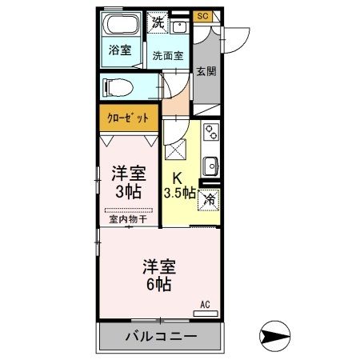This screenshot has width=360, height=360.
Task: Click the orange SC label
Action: pyautogui.click(x=202, y=16)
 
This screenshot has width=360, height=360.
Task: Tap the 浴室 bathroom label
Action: pyautogui.click(x=121, y=49)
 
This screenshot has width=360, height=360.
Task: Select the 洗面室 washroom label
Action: pyautogui.click(x=168, y=55)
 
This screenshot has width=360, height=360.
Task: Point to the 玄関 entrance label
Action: pyautogui.click(x=206, y=71)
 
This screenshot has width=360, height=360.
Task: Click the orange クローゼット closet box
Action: pyautogui.click(x=128, y=117)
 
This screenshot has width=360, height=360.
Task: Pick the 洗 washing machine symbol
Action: pyautogui.click(x=158, y=22)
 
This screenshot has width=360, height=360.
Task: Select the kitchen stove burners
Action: pyautogui.click(x=211, y=134)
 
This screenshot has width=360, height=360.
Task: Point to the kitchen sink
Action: pyautogui.click(x=211, y=166)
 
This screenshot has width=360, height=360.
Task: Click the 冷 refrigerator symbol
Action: pyautogui.click(x=210, y=200)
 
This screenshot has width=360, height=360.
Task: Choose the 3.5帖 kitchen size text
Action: pyautogui.click(x=181, y=193)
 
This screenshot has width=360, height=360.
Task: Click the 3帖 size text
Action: pyautogui.click(x=128, y=193)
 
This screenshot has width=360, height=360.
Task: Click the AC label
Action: pyautogui.click(x=205, y=303)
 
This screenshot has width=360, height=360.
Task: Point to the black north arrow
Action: pyautogui.click(x=274, y=333)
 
